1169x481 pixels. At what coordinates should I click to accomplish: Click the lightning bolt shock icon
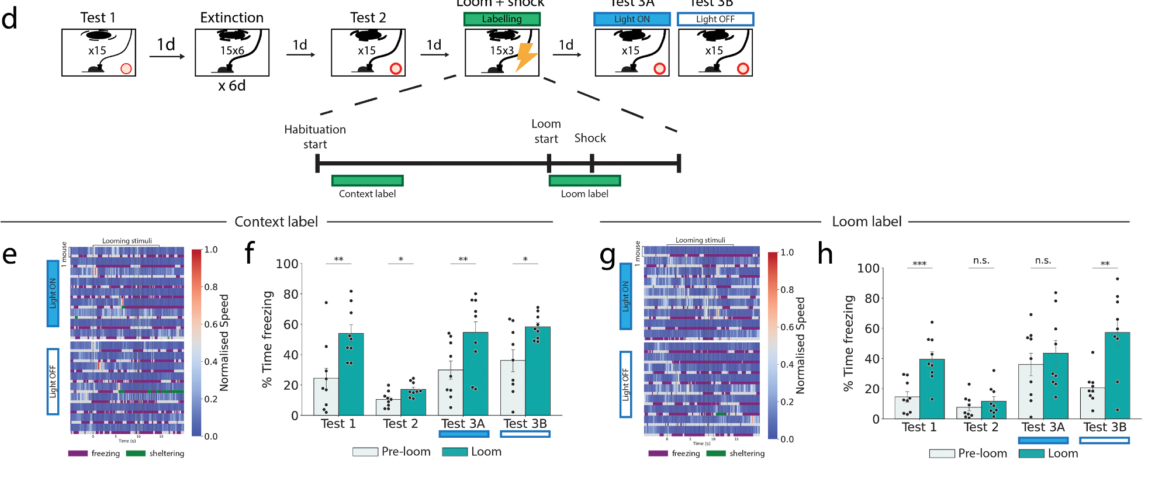click(x=526, y=57)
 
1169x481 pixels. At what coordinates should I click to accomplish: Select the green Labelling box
click(x=502, y=19)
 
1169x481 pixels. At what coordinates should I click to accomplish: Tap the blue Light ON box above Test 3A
click(x=631, y=19)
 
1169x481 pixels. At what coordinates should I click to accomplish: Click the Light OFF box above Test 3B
click(x=715, y=19)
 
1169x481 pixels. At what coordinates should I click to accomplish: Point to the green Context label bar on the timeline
click(x=367, y=181)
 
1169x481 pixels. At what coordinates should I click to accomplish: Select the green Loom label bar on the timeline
click(x=584, y=181)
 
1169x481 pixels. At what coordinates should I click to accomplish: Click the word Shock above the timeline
click(x=590, y=138)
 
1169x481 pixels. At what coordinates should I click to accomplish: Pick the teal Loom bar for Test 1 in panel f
click(x=351, y=374)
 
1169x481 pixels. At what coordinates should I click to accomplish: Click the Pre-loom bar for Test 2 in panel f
click(x=388, y=407)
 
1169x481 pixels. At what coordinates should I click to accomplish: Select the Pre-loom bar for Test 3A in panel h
click(x=1030, y=392)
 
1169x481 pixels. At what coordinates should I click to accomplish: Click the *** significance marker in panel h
click(x=919, y=264)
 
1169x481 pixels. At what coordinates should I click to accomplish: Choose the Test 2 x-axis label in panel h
click(x=981, y=427)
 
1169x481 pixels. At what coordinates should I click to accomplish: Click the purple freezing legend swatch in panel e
click(x=78, y=454)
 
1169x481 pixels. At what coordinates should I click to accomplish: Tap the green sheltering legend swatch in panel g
click(x=715, y=454)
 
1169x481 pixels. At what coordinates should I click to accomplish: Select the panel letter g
click(x=608, y=255)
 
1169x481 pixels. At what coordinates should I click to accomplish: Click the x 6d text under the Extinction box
click(x=232, y=86)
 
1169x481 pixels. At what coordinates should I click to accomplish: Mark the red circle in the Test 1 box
click(x=126, y=68)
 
